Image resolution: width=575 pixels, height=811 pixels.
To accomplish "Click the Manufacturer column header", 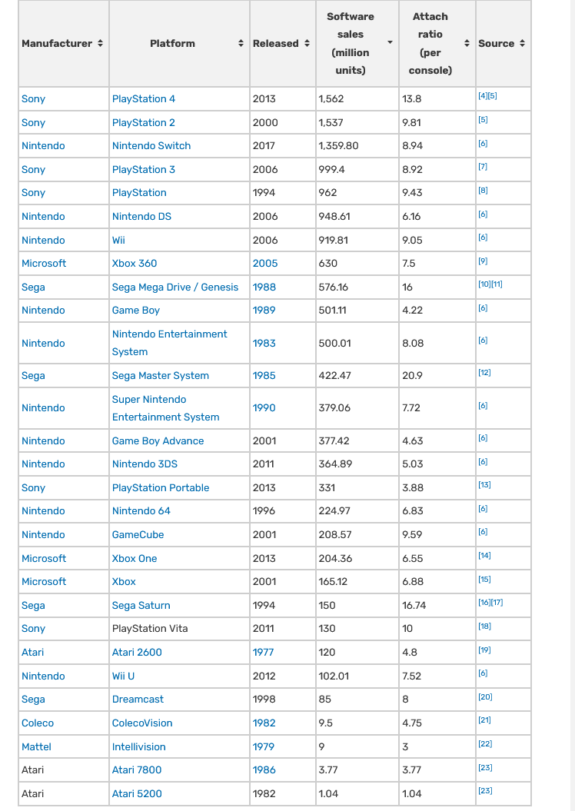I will (x=57, y=44).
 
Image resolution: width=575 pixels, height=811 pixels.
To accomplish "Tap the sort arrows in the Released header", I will (x=307, y=44).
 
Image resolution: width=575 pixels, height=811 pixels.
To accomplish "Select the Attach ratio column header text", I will (x=430, y=43).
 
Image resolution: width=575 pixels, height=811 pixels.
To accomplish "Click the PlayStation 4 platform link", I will (x=144, y=99).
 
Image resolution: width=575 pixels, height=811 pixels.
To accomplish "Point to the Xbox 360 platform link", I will (x=135, y=264).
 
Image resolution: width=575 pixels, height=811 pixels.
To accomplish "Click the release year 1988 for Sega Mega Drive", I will (x=264, y=288).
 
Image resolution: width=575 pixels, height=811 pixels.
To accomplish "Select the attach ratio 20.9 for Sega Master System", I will (x=412, y=376).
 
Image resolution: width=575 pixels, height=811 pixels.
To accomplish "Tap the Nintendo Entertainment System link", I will (x=169, y=343).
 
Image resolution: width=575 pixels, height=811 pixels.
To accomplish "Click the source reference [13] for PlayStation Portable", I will (x=484, y=485).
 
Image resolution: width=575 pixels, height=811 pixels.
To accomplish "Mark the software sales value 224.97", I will (x=334, y=511).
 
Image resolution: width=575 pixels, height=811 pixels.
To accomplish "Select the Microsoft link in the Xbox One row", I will (x=44, y=559).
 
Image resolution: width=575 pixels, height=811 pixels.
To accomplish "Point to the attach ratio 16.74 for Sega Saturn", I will (x=414, y=606).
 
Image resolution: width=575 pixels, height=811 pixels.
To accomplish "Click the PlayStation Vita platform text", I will (x=150, y=629).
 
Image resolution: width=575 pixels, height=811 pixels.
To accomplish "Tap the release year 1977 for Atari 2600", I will (x=264, y=653).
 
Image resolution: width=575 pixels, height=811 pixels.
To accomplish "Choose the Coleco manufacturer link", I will (x=38, y=723).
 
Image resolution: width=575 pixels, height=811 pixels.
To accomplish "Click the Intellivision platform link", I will (x=139, y=747).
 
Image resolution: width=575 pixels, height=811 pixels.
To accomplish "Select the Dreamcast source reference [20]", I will (x=485, y=697).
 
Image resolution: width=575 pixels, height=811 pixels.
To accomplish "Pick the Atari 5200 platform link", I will (x=137, y=794).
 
